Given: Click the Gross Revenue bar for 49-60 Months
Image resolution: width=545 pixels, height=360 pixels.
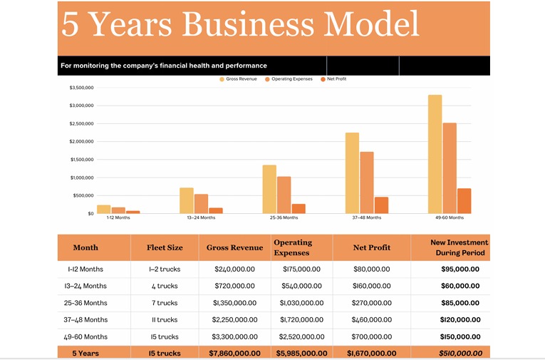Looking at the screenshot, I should click(435, 154).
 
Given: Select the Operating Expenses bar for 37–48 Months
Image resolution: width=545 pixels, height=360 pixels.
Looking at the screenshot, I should click(367, 182).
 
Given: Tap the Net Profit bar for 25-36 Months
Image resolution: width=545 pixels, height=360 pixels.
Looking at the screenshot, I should click(299, 208).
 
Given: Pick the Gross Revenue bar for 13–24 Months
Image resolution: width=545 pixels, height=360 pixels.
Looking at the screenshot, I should click(187, 200).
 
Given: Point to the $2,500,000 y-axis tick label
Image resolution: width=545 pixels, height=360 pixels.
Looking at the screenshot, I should click(81, 123).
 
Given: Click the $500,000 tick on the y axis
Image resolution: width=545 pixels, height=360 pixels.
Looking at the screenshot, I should click(83, 195).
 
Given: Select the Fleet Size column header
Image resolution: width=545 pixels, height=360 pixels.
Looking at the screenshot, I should click(165, 248).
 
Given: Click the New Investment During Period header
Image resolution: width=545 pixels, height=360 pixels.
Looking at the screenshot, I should click(460, 247).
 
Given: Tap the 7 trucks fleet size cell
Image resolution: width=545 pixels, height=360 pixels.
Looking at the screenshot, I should click(165, 303).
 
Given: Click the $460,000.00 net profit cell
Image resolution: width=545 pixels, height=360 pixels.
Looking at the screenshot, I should click(372, 320).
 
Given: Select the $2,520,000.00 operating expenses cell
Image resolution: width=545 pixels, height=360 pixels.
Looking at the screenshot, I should click(301, 336).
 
